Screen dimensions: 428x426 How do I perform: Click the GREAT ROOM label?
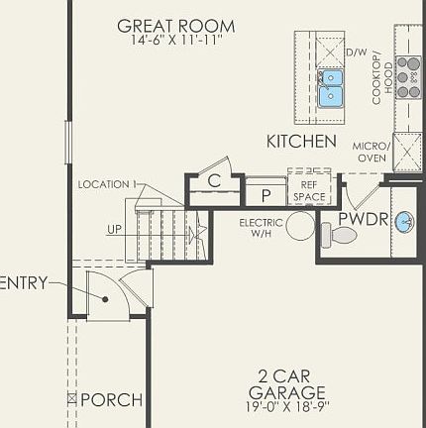(x=176, y=26)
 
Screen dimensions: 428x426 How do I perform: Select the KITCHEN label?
(x=301, y=142)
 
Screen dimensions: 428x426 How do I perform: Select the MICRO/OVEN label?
(x=372, y=152)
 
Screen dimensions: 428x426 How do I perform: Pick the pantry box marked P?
(x=266, y=193)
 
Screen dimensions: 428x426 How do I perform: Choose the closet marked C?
(x=214, y=181)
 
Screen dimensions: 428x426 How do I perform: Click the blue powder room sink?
(x=404, y=222)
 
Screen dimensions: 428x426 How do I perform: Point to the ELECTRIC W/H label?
(x=262, y=228)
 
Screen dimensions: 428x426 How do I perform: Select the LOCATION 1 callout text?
(x=107, y=184)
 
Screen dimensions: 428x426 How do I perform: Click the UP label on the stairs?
(x=117, y=230)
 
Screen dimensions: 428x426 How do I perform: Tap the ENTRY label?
(x=22, y=283)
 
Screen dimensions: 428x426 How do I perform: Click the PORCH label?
(x=110, y=400)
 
